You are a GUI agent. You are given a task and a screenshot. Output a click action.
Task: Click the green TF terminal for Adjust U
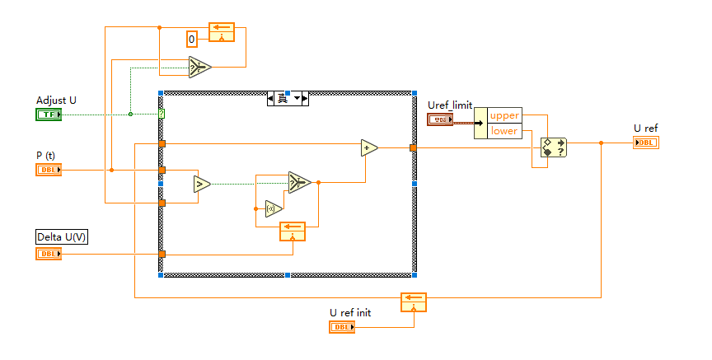[49, 115]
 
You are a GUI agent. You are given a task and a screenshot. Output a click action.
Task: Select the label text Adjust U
[56, 101]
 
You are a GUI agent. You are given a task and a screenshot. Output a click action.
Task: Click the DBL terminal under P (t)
[49, 170]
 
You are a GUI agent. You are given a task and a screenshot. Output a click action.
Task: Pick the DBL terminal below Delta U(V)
[49, 254]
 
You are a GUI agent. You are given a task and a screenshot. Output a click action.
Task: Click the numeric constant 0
[192, 39]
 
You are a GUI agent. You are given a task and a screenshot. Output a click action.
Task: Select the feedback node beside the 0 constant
[222, 32]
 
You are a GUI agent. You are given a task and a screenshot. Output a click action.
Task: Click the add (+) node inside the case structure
[369, 147]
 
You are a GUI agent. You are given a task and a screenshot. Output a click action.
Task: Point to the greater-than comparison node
[201, 183]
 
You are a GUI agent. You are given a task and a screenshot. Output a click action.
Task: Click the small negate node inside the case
[274, 208]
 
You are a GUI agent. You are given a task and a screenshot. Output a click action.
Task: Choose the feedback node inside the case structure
[292, 231]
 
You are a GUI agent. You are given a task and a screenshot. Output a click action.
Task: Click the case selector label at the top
[287, 99]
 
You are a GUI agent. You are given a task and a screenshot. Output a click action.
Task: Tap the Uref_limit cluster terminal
[440, 121]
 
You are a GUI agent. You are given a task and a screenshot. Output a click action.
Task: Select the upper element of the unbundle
[504, 115]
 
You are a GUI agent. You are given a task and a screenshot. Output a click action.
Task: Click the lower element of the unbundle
[504, 131]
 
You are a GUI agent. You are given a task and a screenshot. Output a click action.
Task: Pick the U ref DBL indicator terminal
[646, 143]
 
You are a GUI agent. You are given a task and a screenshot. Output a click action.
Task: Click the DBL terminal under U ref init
[342, 327]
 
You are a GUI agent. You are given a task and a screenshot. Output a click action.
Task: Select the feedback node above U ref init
[413, 302]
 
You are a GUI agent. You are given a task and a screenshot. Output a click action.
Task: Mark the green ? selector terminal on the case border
[162, 114]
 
